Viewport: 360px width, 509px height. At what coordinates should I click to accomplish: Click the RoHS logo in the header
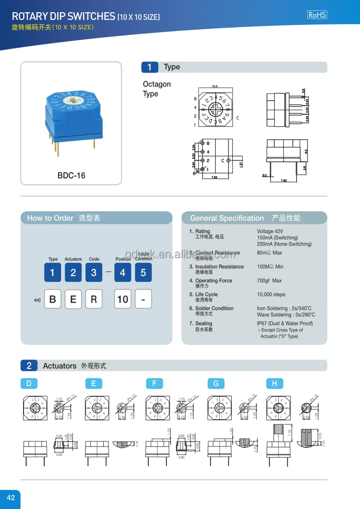tap(317, 15)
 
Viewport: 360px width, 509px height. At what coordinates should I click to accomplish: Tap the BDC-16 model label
tap(71, 175)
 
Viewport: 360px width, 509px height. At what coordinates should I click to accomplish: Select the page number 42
tap(10, 498)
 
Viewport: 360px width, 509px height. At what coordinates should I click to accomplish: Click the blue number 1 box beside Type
tap(150, 67)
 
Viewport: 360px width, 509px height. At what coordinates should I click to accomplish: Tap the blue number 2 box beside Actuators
tap(29, 366)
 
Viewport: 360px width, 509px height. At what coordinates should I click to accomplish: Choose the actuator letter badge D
tap(29, 383)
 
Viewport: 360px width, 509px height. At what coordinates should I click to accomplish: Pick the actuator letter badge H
tap(274, 383)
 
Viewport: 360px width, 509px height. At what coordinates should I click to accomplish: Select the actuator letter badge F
tap(154, 383)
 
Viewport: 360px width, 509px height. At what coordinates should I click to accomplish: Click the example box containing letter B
tap(53, 300)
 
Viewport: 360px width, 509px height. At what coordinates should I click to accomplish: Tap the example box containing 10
tap(122, 300)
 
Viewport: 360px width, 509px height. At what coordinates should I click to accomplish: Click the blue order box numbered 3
tap(93, 273)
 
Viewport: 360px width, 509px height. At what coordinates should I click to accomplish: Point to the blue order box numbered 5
tap(143, 273)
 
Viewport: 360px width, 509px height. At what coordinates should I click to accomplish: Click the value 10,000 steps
tap(271, 295)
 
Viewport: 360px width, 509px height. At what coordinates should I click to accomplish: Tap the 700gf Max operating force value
tap(269, 281)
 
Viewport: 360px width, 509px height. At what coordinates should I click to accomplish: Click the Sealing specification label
tap(204, 324)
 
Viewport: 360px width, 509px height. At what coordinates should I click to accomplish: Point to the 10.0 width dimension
tap(214, 86)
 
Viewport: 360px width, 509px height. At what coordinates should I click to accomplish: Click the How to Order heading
tap(50, 218)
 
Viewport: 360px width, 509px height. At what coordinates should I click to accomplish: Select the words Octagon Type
tap(157, 89)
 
